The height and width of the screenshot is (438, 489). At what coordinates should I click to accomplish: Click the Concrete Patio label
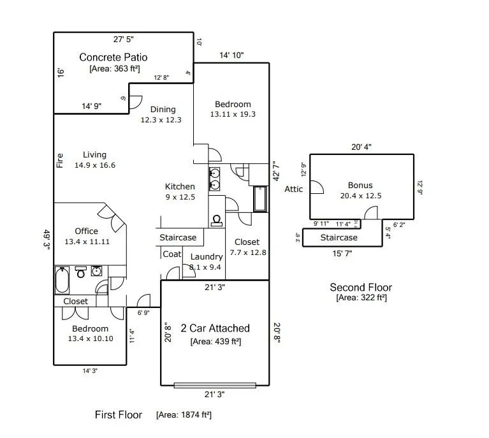tap(113, 57)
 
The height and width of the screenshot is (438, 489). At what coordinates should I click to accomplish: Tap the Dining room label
tap(162, 109)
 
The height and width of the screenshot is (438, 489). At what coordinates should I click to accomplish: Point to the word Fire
tap(60, 159)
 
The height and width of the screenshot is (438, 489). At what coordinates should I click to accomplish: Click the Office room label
tap(86, 231)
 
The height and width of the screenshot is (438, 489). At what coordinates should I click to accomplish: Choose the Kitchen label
tap(180, 187)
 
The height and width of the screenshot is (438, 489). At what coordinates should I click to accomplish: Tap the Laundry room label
tap(207, 257)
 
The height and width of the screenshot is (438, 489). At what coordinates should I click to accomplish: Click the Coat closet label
tap(172, 254)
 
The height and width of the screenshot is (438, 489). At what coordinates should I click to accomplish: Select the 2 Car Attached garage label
tap(215, 328)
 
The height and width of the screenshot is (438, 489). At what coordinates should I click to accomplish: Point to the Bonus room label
tap(360, 186)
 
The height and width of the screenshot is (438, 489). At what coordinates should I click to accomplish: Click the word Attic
tap(294, 189)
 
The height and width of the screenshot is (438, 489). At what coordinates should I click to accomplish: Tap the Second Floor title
tap(361, 288)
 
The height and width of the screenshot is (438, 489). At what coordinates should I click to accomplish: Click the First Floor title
tap(119, 415)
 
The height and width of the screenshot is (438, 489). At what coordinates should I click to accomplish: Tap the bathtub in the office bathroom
tap(62, 279)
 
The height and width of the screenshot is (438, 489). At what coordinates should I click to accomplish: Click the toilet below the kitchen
tap(217, 219)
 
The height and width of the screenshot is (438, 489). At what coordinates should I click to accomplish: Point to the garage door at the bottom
tap(215, 385)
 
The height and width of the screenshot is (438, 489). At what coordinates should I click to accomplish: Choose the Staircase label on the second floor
tap(339, 238)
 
